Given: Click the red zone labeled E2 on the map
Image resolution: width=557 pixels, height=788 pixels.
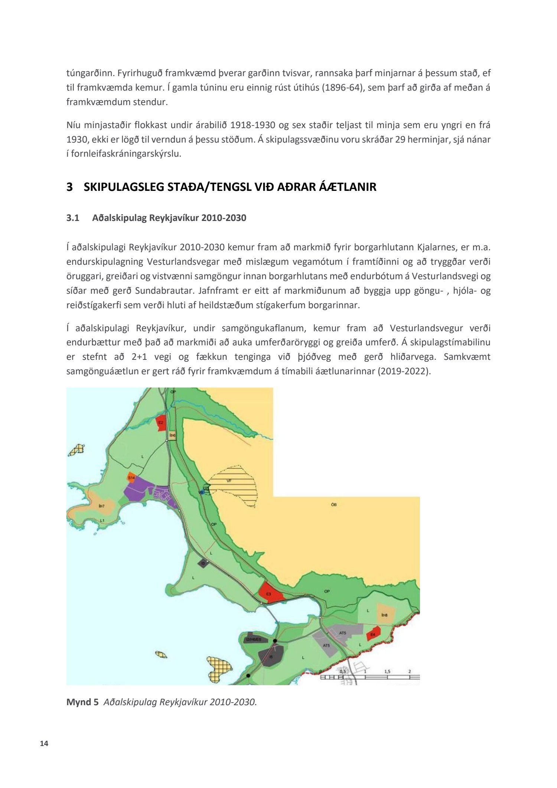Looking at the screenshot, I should [x=161, y=423].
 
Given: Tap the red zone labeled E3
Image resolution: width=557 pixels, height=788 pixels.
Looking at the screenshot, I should [x=270, y=593].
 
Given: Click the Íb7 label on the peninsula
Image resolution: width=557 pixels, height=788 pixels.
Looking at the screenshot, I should [x=102, y=506].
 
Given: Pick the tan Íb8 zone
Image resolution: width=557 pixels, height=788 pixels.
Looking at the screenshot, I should [x=384, y=615].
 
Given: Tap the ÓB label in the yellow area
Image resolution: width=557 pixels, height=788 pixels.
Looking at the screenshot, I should [x=333, y=504].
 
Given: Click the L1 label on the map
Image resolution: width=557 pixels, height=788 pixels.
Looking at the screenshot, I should [x=102, y=521].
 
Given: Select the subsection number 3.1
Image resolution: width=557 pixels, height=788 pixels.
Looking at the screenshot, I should [x=73, y=218].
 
